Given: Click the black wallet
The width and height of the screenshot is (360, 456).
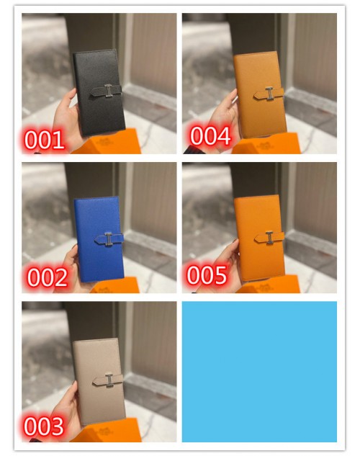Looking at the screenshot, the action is click(99, 93).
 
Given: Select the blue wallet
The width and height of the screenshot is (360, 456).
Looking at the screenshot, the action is click(99, 239).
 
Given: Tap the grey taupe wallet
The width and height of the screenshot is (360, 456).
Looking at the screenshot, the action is click(99, 382).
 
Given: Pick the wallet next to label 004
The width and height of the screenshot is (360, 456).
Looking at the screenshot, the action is click(260, 95).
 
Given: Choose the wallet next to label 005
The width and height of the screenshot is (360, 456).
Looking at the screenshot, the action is click(259, 238).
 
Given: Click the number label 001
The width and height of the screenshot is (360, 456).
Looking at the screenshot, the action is click(44, 140).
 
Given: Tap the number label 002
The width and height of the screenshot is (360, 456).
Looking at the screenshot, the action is click(48, 277).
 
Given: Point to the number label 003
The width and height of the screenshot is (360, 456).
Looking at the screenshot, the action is click(44, 426).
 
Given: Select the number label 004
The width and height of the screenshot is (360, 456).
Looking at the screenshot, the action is click(211, 135).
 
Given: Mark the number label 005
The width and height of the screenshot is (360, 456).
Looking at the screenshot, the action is click(207, 274).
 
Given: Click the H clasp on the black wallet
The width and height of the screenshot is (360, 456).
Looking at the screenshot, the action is click(109, 91).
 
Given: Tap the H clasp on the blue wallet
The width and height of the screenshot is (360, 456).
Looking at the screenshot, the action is click(108, 239).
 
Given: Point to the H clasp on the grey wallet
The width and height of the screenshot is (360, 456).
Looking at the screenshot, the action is click(109, 380).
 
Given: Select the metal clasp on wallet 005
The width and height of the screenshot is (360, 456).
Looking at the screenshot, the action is click(269, 237).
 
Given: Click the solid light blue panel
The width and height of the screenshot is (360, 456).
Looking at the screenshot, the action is click(259, 372).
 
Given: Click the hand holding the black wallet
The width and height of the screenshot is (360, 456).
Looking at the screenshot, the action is click(67, 116).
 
